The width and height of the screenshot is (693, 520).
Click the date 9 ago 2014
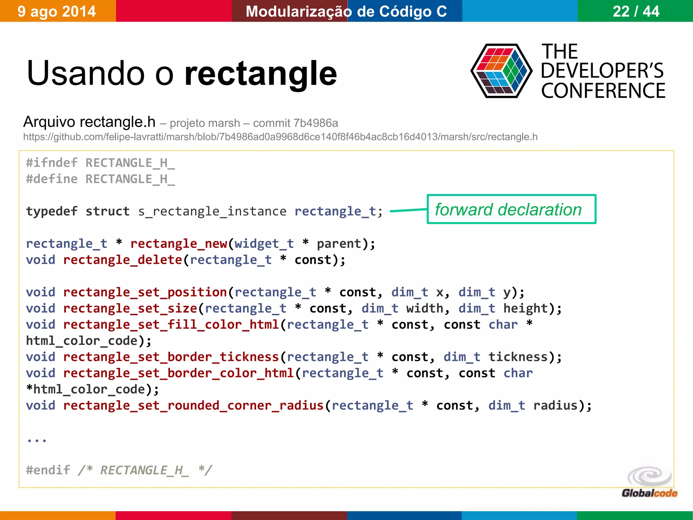point(57,12)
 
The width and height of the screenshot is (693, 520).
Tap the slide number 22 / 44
point(636,12)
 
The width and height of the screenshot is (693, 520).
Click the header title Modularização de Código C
point(346,12)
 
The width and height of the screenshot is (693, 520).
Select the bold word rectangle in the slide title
point(261,73)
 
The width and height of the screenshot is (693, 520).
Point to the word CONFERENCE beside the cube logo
point(603,91)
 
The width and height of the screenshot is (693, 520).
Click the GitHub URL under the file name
point(280,137)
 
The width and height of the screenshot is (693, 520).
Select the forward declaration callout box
point(511,209)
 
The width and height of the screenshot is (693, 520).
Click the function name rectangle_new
point(179,244)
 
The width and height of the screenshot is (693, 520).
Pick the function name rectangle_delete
point(123,260)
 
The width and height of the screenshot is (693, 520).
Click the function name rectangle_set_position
point(145,292)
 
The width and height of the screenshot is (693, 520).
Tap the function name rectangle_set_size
point(130,308)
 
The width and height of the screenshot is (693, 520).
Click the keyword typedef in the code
point(52,211)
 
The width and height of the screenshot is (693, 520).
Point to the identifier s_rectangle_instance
point(212,211)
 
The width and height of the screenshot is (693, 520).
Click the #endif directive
point(48,470)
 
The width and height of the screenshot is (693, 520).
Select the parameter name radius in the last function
point(555,406)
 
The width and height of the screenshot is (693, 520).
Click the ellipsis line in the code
point(37,440)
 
